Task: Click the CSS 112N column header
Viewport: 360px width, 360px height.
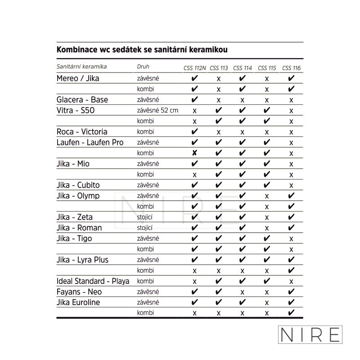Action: (x=194, y=68)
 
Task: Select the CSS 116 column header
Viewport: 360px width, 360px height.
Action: (x=291, y=68)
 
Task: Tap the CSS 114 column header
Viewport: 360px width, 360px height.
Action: (x=243, y=68)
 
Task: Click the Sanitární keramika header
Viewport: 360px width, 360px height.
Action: (x=81, y=67)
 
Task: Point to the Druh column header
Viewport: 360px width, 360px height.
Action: (x=143, y=67)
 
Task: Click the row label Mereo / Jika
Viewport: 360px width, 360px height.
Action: (x=78, y=78)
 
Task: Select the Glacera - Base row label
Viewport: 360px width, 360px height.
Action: (x=82, y=99)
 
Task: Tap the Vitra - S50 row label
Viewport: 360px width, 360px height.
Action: (x=76, y=110)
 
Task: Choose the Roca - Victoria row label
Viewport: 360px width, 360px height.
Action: (x=82, y=132)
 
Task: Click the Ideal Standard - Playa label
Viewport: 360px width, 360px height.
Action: (x=93, y=281)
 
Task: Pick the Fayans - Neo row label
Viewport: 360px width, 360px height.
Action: (x=79, y=292)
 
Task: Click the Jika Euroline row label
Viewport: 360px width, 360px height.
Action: (x=78, y=302)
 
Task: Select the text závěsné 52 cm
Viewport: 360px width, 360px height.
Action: (x=157, y=110)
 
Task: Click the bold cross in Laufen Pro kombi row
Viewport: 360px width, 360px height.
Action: (x=194, y=153)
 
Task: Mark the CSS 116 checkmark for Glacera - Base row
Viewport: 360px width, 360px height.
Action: (x=291, y=100)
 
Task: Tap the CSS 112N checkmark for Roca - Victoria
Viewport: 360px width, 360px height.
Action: (x=194, y=132)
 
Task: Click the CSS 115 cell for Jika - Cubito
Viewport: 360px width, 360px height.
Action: (x=267, y=185)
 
